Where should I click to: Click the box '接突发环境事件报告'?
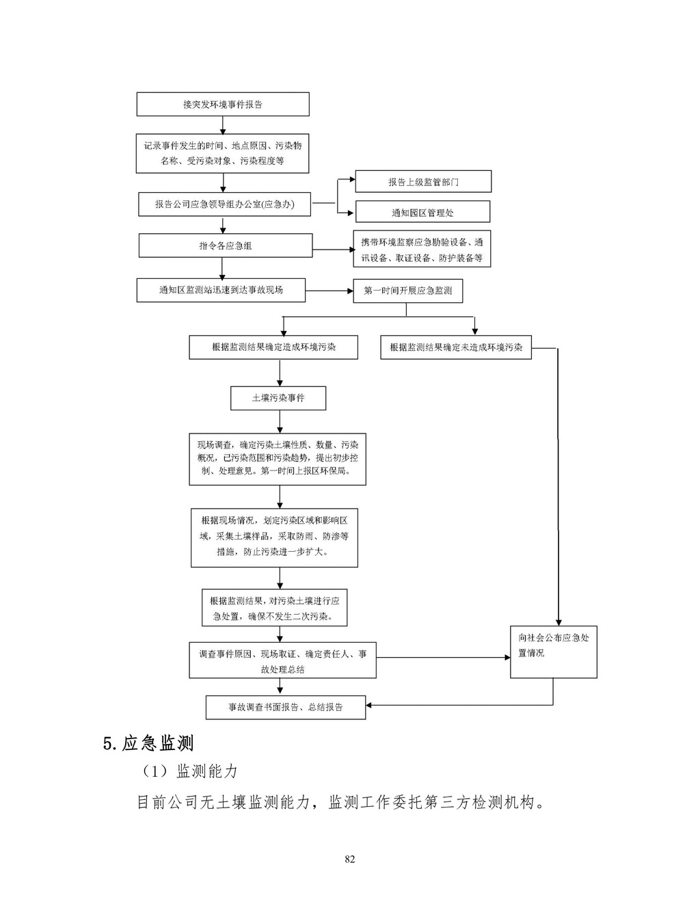tap(223, 105)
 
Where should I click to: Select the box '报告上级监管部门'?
tap(423, 182)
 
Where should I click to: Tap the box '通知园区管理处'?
tap(422, 213)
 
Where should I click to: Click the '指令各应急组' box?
tap(225, 245)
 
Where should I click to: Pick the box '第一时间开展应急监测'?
tap(407, 291)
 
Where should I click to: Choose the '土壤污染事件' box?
tap(278, 398)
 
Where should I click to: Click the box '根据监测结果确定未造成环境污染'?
tap(456, 347)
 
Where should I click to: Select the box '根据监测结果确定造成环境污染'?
tap(273, 347)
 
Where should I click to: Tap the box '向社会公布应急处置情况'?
tap(553, 652)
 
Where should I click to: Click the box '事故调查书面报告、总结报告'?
tap(286, 707)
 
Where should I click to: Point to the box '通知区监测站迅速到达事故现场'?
tap(221, 290)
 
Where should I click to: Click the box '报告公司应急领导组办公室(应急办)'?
tap(225, 204)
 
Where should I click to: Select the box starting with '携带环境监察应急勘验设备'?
tap(422, 250)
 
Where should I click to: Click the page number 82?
tap(350, 860)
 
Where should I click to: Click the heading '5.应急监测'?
tap(148, 743)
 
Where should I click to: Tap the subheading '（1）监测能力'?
tap(189, 772)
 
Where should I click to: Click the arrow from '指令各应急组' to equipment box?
tap(333, 250)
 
